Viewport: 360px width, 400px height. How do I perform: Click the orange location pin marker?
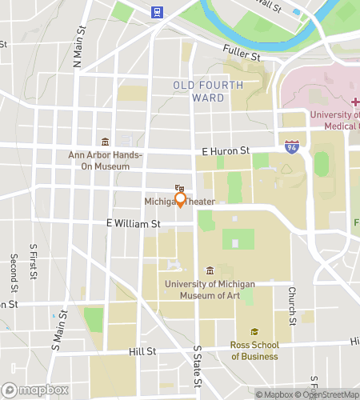(180, 199)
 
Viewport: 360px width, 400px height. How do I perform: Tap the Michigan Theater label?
(180, 202)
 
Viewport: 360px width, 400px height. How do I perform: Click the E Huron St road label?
(226, 150)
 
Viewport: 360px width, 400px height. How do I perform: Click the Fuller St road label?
(242, 55)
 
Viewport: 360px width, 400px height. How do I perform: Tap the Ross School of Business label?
(254, 350)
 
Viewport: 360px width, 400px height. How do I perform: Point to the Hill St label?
(142, 351)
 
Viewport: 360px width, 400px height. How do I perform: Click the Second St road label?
(14, 273)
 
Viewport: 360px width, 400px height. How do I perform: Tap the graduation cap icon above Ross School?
(254, 332)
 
